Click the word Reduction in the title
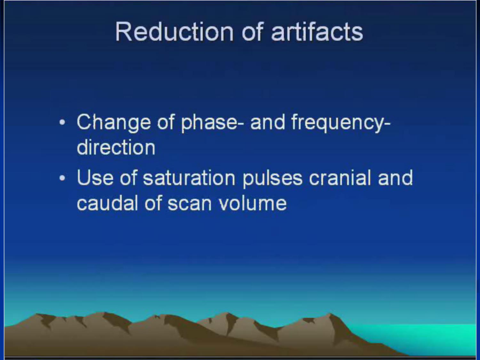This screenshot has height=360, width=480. pos(174,31)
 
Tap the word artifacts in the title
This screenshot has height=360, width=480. pos(317,31)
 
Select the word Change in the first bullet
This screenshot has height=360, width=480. pos(114,122)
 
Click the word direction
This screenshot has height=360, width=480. pos(116,148)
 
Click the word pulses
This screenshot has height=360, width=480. pos(273,179)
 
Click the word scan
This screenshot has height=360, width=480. pos(189,204)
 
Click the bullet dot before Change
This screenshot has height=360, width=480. pos(62,123)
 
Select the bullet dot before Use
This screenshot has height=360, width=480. pos(62,178)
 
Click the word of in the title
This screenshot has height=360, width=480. pos(252,31)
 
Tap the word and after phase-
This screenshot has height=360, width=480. pos(268,122)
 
